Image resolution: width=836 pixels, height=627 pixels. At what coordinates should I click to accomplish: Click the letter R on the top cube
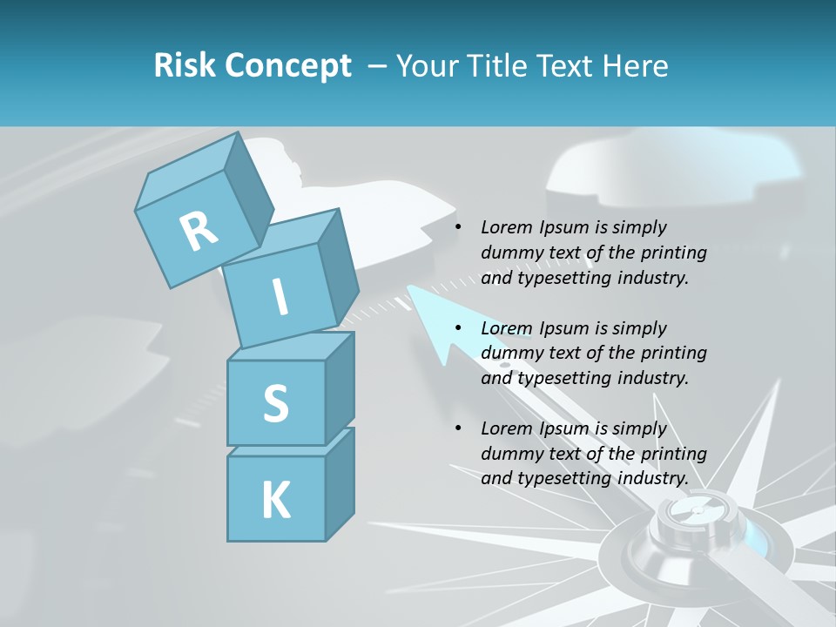(199, 231)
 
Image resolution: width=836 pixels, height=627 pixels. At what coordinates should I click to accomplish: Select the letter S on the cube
(275, 403)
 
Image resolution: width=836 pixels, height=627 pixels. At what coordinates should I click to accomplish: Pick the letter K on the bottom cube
(275, 501)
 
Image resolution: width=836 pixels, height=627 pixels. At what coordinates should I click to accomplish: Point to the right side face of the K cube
(340, 483)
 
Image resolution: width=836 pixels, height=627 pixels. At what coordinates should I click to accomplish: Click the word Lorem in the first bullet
(505, 227)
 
